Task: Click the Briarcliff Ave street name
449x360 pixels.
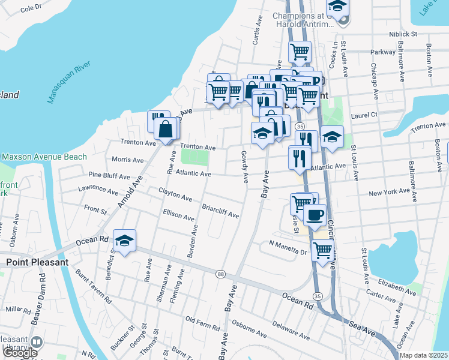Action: click(220, 212)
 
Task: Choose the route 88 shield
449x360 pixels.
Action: click(221, 274)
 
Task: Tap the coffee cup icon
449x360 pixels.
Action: click(315, 214)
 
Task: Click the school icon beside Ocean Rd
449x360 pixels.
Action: click(124, 241)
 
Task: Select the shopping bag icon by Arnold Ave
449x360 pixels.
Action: click(166, 128)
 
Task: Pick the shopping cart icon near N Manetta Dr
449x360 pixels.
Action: click(323, 250)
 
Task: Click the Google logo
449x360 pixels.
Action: click(20, 353)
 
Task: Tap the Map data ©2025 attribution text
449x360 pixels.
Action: click(424, 355)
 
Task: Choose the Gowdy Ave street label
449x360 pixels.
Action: click(245, 167)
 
